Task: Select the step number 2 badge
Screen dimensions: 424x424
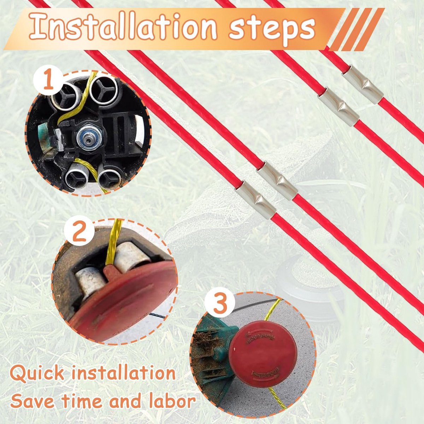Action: [x=79, y=234]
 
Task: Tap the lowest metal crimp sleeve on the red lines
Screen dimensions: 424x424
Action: [x=256, y=200]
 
